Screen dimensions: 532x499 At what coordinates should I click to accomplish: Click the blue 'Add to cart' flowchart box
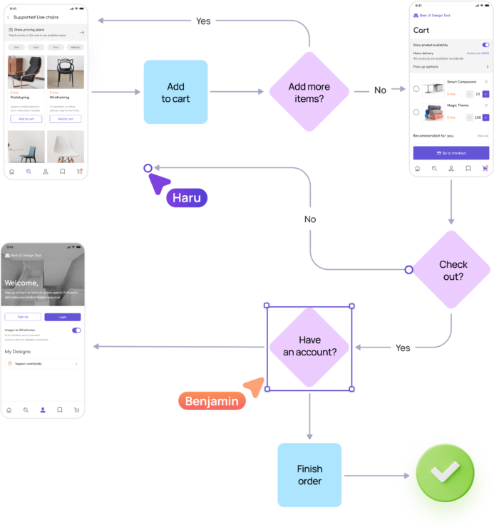175,92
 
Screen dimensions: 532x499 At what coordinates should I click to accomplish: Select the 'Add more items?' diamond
309,92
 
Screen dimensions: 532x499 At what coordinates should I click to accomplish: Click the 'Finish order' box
309,475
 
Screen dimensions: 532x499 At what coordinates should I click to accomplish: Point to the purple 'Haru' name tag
187,197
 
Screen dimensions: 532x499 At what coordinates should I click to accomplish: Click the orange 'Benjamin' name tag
211,401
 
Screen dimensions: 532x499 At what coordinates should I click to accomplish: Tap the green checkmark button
446,471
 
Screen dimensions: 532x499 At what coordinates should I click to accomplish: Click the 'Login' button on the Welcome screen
63,317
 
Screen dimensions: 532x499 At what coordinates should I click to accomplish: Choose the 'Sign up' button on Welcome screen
23,317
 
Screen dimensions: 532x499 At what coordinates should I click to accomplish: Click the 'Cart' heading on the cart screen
421,31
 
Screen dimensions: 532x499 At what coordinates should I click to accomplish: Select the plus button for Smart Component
486,94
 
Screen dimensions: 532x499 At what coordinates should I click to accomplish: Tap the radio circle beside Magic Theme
416,112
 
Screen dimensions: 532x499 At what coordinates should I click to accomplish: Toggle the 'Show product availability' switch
485,45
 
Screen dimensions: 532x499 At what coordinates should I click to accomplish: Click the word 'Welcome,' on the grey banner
21,283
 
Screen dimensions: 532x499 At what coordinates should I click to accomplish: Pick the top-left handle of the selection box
267,306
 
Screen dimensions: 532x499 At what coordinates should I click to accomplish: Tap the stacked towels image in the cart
433,113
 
